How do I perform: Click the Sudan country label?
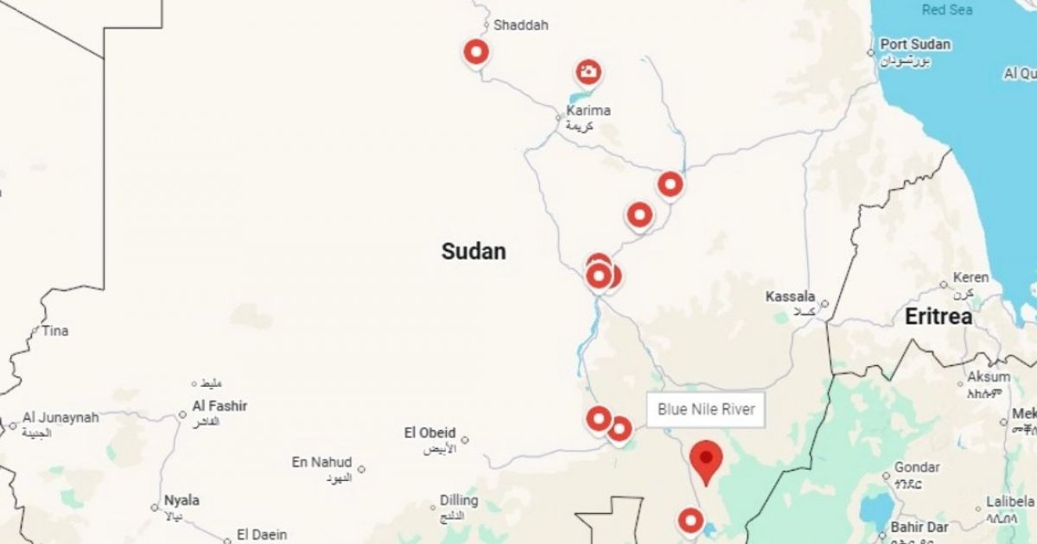[474, 251]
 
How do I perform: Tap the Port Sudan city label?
[915, 45]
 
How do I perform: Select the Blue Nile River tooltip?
[706, 409]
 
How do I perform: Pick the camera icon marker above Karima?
[588, 73]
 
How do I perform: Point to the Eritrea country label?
[938, 317]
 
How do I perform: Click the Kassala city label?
[790, 297]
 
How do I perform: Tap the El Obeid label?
[429, 433]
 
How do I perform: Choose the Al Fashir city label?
[219, 406]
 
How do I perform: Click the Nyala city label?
[181, 501]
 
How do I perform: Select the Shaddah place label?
[521, 25]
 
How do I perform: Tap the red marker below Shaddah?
[476, 53]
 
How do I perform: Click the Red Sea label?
[947, 9]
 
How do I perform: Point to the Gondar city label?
[917, 467]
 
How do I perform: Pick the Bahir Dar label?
[919, 527]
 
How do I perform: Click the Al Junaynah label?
[60, 417]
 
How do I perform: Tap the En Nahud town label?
[322, 463]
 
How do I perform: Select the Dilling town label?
[458, 501]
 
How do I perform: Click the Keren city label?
[970, 278]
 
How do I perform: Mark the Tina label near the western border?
[54, 331]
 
